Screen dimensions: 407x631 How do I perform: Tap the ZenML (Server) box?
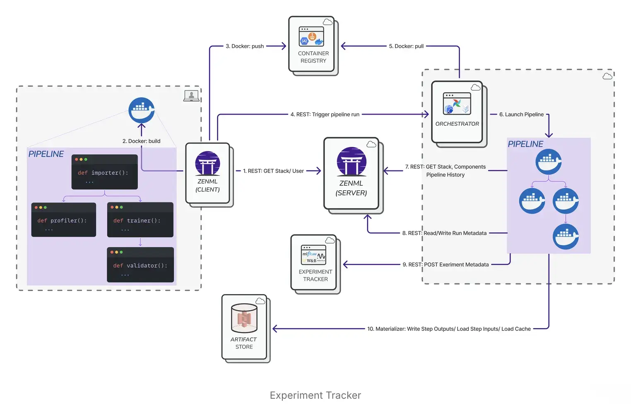351,173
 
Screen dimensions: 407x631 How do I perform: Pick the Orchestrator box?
457,112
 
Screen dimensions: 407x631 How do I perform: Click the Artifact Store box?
244,327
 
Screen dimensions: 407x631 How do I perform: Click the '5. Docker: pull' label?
406,46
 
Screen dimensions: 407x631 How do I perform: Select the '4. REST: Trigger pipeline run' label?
325,115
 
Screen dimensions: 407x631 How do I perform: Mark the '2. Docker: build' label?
141,141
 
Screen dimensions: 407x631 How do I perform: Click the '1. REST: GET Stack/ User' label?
273,171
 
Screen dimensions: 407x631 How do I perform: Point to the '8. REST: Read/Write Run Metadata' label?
444,233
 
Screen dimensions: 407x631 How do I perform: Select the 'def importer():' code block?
104,172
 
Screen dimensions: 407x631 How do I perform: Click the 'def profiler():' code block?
63,220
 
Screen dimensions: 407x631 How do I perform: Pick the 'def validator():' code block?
140,265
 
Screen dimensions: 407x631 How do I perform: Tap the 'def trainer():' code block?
140,220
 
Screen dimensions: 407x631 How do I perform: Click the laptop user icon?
191,96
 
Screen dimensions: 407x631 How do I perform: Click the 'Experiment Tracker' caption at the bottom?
315,395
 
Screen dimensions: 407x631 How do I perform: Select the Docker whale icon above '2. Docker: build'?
142,110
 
